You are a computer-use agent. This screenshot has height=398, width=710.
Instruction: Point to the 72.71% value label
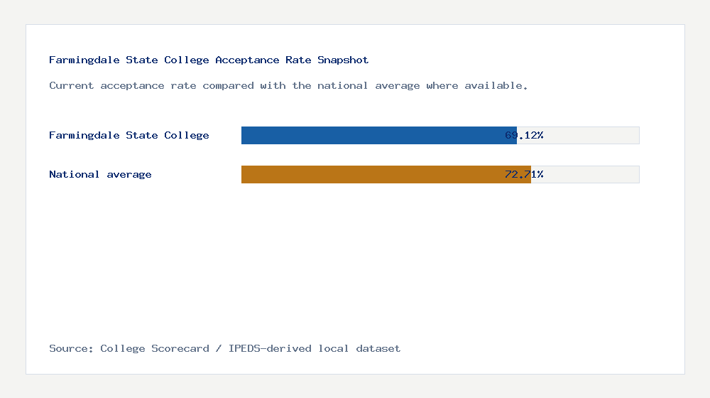[x=524, y=174]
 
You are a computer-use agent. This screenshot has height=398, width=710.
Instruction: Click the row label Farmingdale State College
[x=129, y=135]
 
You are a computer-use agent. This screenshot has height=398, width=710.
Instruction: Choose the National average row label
[x=100, y=174]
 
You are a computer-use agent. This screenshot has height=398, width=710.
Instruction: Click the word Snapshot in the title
[x=343, y=60]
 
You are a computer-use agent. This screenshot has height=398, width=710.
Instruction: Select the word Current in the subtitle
[x=71, y=85]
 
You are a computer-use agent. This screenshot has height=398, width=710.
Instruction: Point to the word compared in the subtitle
[x=228, y=85]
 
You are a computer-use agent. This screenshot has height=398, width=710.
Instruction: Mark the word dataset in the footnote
[x=378, y=348]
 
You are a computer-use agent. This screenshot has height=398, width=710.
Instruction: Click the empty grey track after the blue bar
[x=593, y=135]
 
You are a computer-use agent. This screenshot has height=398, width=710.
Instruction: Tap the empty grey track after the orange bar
[x=593, y=174]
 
